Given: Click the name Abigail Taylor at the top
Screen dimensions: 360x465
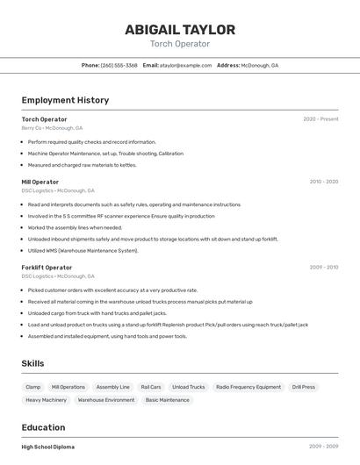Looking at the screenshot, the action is point(180,29).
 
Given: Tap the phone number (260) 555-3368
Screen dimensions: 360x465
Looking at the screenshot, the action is point(119,65).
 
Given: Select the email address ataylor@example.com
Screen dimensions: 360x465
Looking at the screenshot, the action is point(186,65).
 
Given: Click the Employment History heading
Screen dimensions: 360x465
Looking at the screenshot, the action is point(65,100).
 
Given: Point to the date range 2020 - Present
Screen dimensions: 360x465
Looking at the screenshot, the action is point(320,119).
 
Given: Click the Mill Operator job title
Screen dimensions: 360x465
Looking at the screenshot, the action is point(40,182).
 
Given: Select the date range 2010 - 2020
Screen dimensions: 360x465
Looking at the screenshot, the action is point(323,182).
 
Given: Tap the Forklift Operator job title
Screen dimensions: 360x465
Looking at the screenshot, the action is point(47,268).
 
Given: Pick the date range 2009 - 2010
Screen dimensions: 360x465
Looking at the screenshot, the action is point(323,268).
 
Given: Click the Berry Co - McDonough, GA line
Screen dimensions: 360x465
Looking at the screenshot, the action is point(52,128).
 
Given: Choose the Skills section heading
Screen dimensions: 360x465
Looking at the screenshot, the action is point(32,363).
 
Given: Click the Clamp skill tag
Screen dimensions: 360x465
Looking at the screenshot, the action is point(33,387).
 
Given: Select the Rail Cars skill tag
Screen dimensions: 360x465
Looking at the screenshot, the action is point(150,387).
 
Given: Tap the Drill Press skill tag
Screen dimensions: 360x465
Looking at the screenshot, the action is point(304,387).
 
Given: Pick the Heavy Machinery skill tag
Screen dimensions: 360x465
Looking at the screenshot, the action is point(46,400).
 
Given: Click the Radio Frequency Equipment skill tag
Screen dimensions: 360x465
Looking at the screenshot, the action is point(248,387).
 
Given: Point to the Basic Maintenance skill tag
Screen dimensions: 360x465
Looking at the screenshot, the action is point(167,400).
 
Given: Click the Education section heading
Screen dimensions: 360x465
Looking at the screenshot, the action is point(44,427).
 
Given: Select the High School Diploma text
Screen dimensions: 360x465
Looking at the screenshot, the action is point(48,447).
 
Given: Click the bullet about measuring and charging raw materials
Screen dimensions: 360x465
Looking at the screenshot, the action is point(82,165).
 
